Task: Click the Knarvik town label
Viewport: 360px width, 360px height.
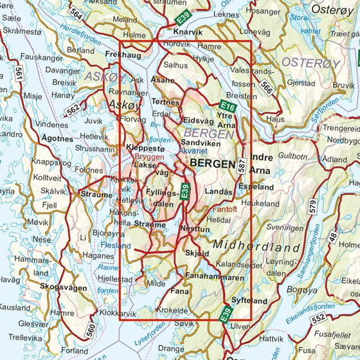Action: pyautogui.click(x=188, y=32)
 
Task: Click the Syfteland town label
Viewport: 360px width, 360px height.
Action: pyautogui.click(x=249, y=300)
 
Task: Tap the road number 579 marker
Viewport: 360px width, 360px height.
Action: pyautogui.click(x=313, y=206)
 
